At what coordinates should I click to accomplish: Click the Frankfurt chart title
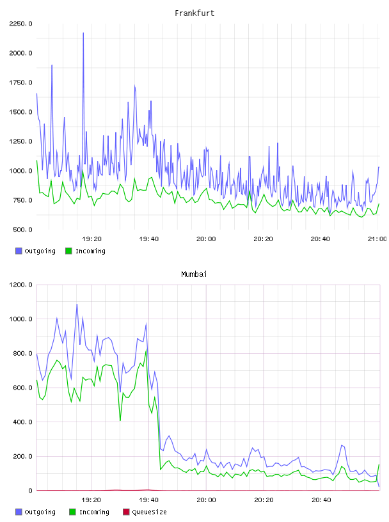(x=194, y=13)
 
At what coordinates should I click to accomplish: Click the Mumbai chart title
(x=194, y=274)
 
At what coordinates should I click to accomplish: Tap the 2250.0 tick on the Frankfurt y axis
(x=20, y=24)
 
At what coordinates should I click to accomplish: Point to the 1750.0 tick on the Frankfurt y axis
(x=20, y=83)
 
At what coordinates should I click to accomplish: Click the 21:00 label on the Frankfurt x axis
(x=377, y=239)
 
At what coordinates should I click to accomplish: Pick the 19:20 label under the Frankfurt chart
(x=91, y=239)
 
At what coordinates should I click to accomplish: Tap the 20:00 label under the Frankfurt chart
(x=206, y=239)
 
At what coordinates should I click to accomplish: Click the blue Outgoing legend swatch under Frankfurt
(x=19, y=251)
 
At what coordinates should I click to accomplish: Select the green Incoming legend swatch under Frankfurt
(x=68, y=251)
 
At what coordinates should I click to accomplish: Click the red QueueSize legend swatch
(x=126, y=512)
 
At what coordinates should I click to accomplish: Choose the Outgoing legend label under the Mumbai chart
(x=40, y=512)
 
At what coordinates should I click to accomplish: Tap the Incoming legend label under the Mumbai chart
(x=94, y=512)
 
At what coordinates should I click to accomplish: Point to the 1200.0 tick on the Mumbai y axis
(x=20, y=285)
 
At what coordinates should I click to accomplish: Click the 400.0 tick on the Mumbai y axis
(x=22, y=422)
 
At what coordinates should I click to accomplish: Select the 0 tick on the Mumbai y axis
(x=30, y=491)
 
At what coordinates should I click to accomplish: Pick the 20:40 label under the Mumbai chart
(x=321, y=500)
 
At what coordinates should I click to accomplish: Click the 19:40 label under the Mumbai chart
(x=148, y=500)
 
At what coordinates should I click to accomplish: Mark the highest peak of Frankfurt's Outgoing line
(x=83, y=33)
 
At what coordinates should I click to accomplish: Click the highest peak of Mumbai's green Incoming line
(x=147, y=350)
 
